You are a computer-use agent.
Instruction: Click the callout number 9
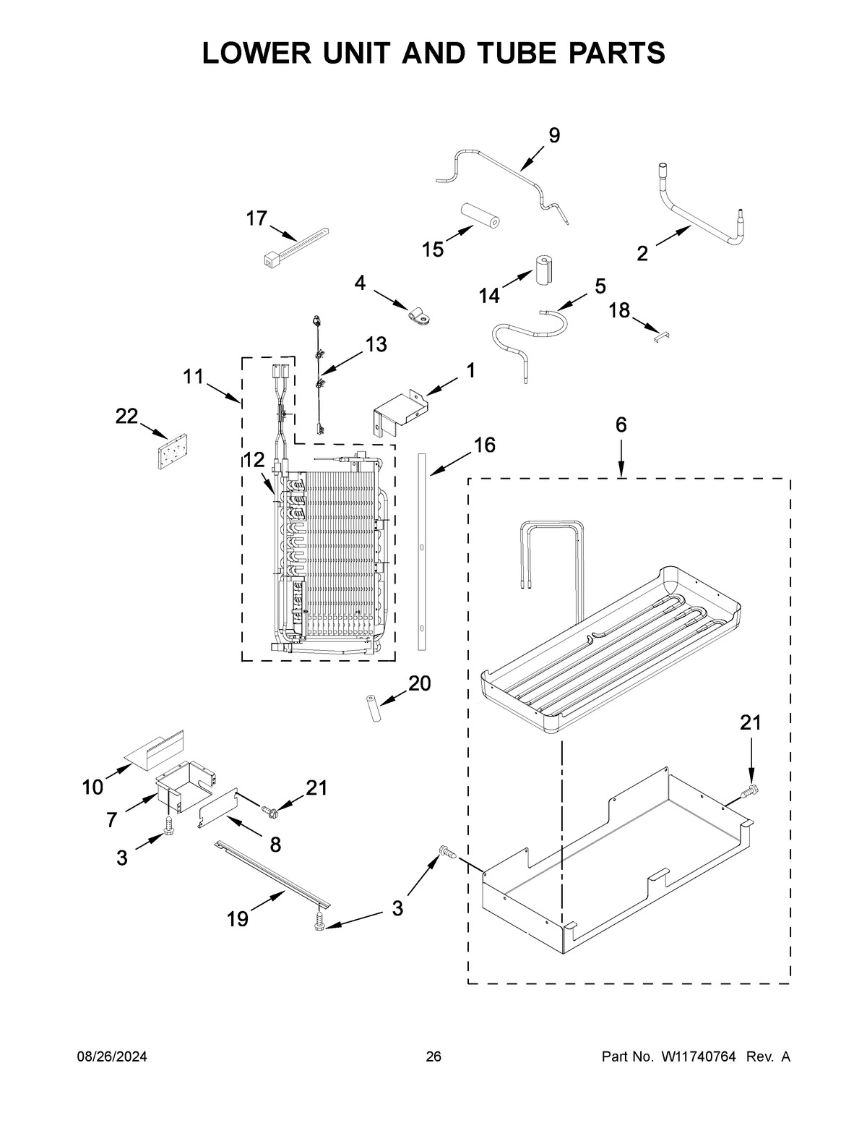pos(553,135)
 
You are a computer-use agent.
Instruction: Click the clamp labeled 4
pos(417,313)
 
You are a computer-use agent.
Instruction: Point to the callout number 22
pos(127,416)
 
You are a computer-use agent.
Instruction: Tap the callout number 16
pos(485,445)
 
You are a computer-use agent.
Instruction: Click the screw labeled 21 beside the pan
pos(752,791)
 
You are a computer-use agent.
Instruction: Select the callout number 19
pos(237,919)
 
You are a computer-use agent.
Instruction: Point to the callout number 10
pos(92,787)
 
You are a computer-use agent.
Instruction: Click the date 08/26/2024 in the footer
pos(112,1057)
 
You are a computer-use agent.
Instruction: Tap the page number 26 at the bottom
pos(433,1057)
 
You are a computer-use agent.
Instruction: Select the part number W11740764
pos(697,1057)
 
